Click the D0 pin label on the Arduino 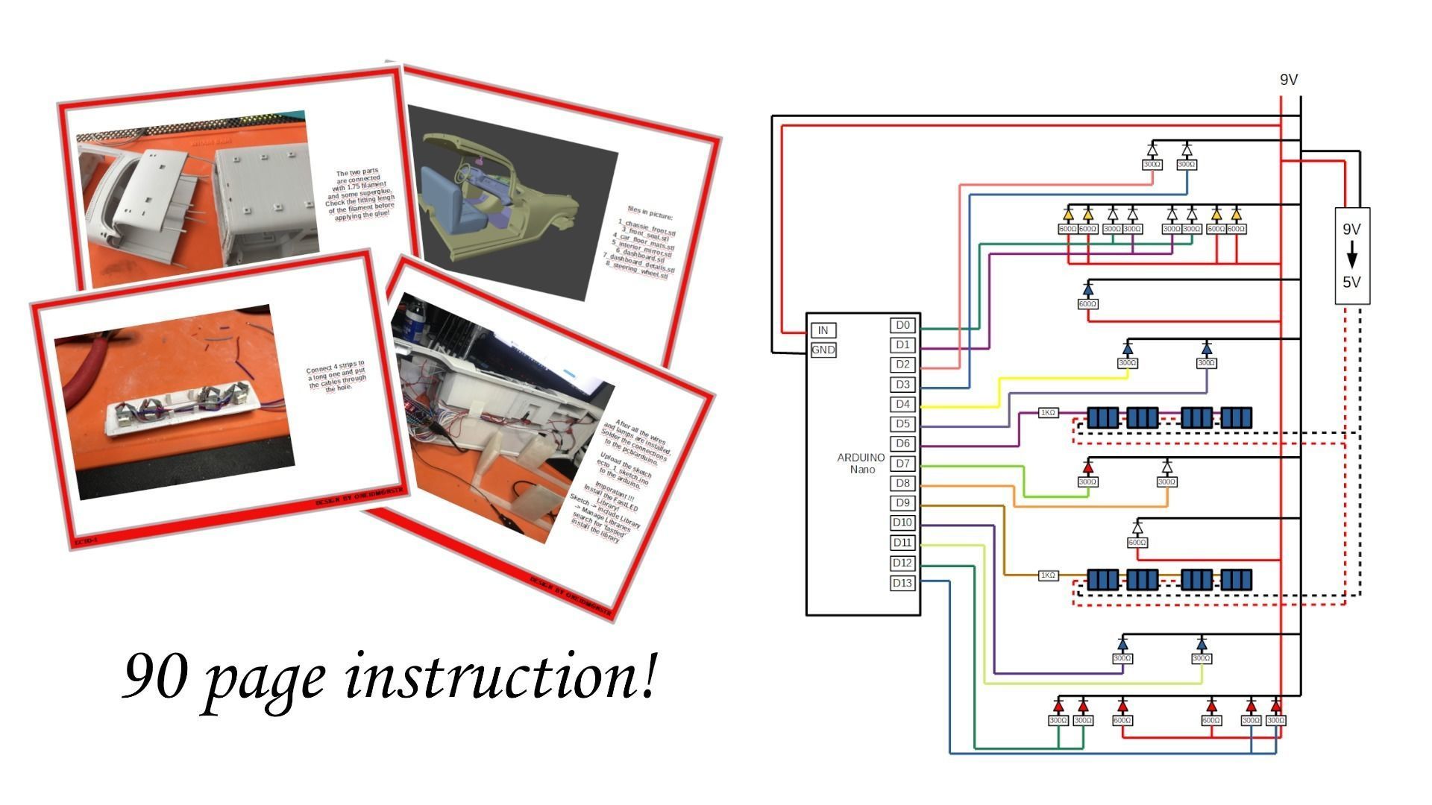[x=902, y=325]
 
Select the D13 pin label [x=902, y=583]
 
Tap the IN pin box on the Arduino [x=823, y=330]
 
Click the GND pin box [x=823, y=350]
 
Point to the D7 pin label [x=902, y=464]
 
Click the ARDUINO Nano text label [x=861, y=463]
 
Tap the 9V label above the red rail [x=1289, y=80]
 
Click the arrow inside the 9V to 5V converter [x=1351, y=258]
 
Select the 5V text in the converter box [x=1351, y=282]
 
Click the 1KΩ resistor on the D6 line [x=1048, y=412]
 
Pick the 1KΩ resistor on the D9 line [x=1048, y=575]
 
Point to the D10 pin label [x=902, y=523]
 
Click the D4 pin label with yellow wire [x=902, y=404]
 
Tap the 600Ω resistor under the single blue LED [x=1087, y=304]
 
